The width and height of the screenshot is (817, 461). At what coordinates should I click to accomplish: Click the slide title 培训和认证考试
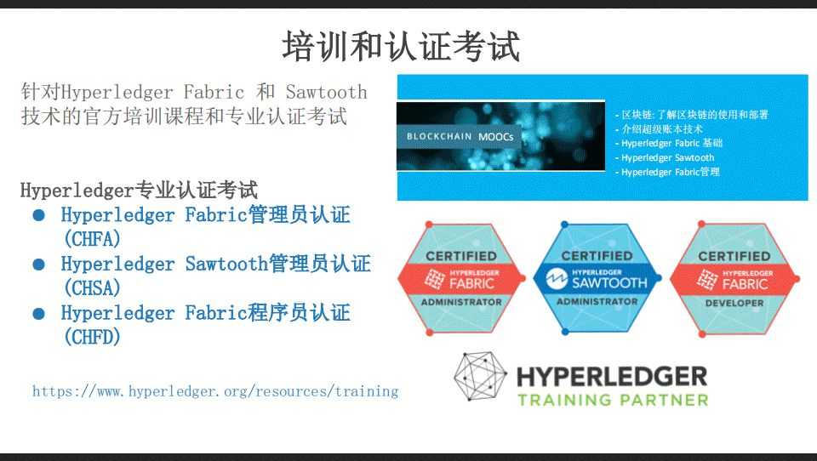pyautogui.click(x=401, y=46)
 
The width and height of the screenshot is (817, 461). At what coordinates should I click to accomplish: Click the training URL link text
pyautogui.click(x=215, y=391)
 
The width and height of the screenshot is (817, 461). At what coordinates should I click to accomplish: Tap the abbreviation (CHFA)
pyautogui.click(x=92, y=239)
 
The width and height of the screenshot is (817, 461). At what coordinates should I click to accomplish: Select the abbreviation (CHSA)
pyautogui.click(x=92, y=287)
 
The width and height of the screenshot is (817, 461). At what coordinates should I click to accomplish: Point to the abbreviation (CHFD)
pyautogui.click(x=92, y=337)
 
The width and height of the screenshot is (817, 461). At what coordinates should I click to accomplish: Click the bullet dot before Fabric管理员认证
pyautogui.click(x=38, y=215)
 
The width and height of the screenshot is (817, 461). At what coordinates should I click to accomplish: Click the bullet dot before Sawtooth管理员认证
pyautogui.click(x=38, y=265)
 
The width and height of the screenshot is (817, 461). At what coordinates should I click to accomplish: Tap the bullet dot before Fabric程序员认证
pyautogui.click(x=38, y=314)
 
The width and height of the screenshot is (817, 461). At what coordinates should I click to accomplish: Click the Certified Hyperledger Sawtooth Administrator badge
pyautogui.click(x=597, y=278)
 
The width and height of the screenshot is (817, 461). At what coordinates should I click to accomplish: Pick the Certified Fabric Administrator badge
pyautogui.click(x=461, y=278)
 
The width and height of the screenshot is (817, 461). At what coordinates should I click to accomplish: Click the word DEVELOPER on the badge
pyautogui.click(x=734, y=303)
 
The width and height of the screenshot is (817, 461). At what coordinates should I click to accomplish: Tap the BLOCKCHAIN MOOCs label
pyautogui.click(x=460, y=136)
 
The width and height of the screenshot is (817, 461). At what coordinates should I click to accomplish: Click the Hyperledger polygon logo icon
pyautogui.click(x=480, y=377)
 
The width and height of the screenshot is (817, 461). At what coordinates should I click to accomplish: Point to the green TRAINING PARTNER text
pyautogui.click(x=613, y=400)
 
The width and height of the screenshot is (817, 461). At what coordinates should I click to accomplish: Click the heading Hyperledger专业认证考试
pyautogui.click(x=139, y=190)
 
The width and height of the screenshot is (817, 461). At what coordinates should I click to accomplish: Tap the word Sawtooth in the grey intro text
pyautogui.click(x=327, y=92)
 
